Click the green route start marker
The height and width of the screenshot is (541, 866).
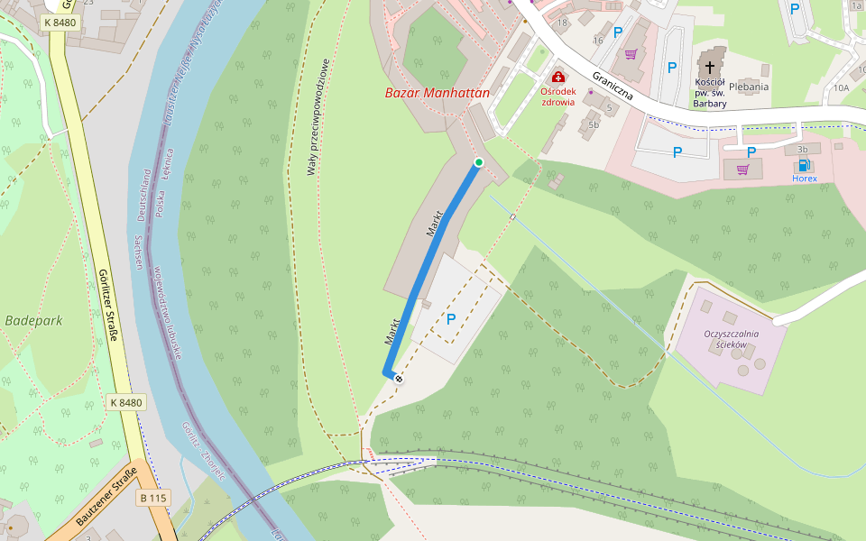[x=478, y=161]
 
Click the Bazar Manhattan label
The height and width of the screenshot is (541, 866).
[x=437, y=92]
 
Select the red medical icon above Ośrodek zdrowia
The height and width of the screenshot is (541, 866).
[x=557, y=78]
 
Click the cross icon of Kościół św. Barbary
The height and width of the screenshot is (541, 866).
[x=711, y=67]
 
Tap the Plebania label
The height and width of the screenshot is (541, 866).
[x=749, y=87]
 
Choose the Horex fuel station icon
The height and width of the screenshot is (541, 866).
[x=804, y=165]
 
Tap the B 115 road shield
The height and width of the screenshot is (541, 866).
[x=154, y=498]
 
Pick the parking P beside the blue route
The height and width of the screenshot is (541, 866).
[x=451, y=318]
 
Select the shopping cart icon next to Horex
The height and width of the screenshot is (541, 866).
[x=742, y=169]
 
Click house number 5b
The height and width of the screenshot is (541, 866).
[x=593, y=124]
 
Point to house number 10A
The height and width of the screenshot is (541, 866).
[x=841, y=87]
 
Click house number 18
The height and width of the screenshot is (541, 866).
[x=563, y=22]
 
